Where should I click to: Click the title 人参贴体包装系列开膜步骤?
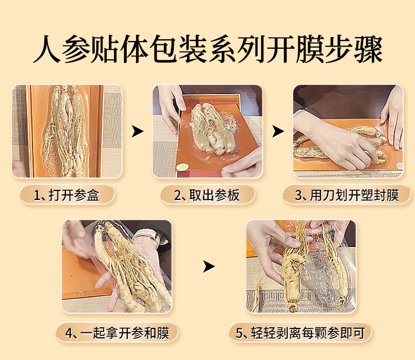pos(208,49)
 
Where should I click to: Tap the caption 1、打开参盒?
pos(66,196)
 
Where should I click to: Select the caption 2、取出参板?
pos(207,196)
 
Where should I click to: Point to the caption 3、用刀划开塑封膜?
pos(347,196)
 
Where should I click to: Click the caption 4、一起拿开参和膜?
pos(117,333)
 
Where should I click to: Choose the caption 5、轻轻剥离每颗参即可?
pos(300,333)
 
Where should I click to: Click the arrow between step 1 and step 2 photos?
pos(137,131)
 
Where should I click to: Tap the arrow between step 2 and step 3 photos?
pos(278,131)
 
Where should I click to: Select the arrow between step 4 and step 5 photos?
pos(209,266)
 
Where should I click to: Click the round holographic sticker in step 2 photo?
pos(183,167)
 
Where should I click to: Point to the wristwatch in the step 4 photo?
pos(148,235)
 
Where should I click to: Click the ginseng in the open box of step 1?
pos(66,131)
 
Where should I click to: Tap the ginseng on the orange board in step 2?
pos(212,128)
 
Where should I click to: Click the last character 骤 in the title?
pos(369,49)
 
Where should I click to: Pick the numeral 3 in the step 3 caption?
pos(299,196)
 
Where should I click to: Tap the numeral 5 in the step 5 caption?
pos(239,333)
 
